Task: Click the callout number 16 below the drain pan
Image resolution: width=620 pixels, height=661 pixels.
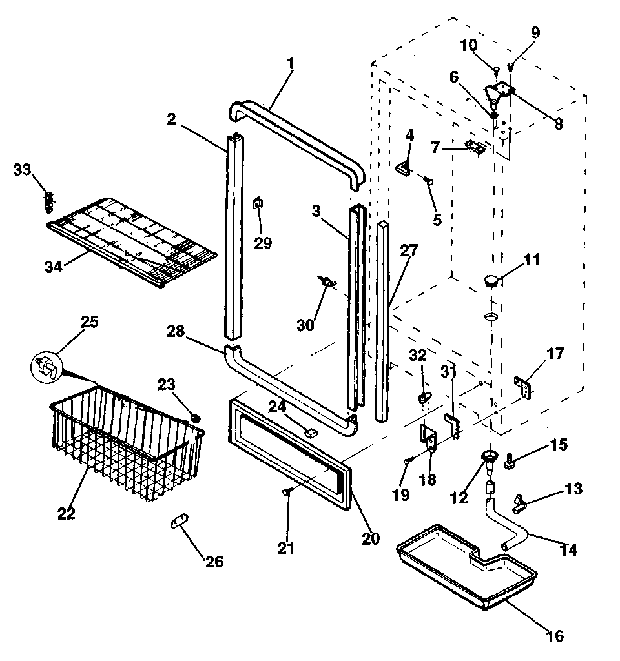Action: (555, 636)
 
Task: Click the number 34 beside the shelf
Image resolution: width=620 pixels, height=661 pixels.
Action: (54, 266)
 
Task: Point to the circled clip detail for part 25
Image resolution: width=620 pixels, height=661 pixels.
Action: (46, 366)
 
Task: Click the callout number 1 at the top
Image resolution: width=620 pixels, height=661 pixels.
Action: (290, 63)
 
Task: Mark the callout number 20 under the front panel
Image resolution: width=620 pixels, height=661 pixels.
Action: (372, 539)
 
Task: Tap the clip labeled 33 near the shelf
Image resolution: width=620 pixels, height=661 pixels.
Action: (48, 201)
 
